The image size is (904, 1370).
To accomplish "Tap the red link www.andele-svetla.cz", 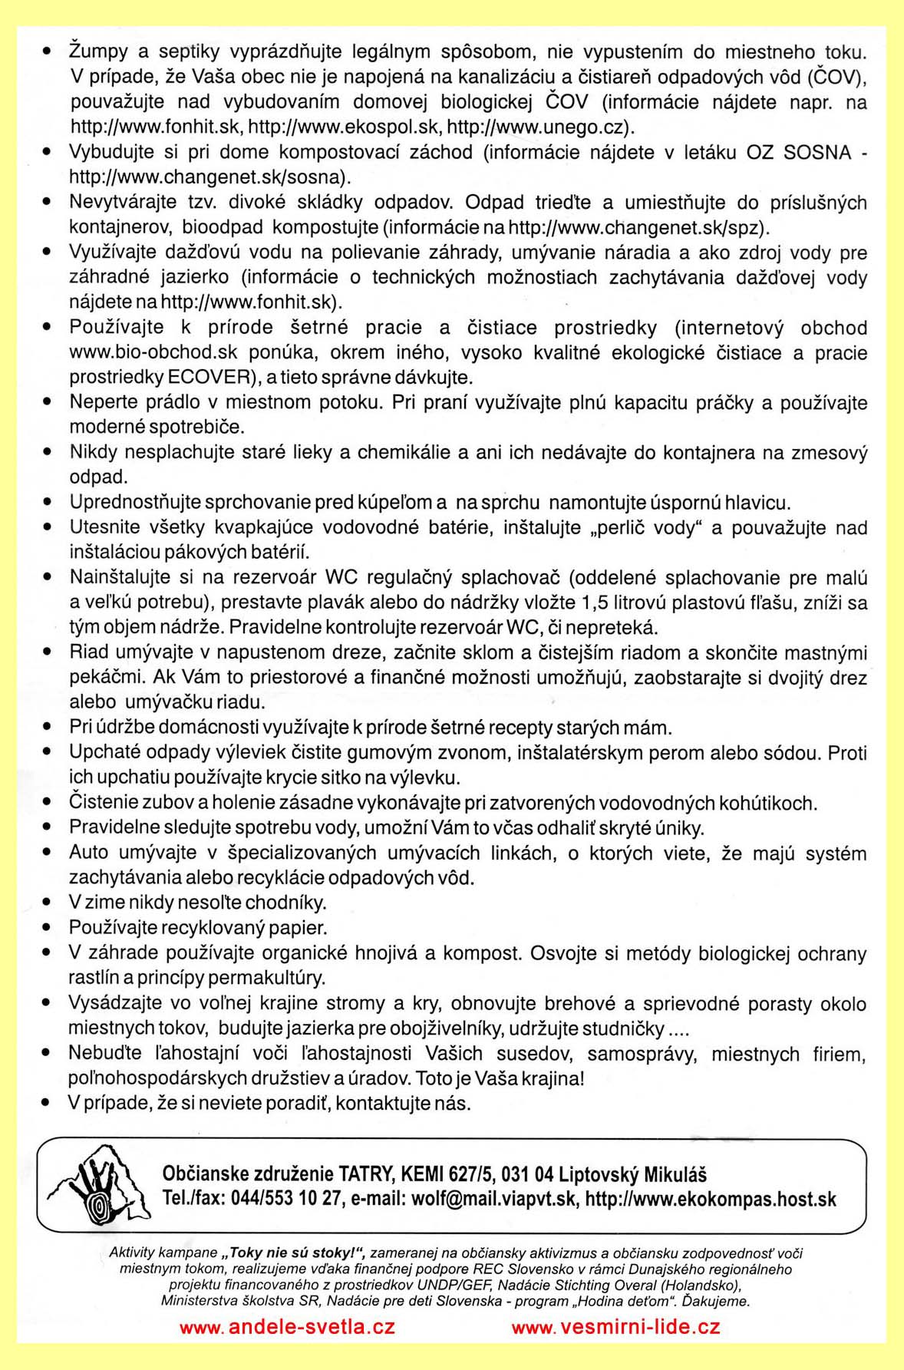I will [287, 1327].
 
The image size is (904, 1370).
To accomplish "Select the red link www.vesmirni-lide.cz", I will [615, 1327].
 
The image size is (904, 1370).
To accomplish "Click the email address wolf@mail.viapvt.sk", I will [493, 1199].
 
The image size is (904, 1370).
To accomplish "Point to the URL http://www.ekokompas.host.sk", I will [711, 1199].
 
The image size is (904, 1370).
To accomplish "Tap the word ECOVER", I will [210, 378].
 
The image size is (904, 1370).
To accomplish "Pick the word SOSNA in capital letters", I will [817, 152].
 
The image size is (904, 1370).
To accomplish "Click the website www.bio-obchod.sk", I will [153, 353].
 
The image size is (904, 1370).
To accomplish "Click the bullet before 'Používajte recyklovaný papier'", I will [48, 928].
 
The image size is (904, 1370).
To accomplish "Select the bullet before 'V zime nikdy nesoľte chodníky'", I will [48, 903].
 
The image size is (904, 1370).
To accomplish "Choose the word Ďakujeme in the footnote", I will [715, 1302].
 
